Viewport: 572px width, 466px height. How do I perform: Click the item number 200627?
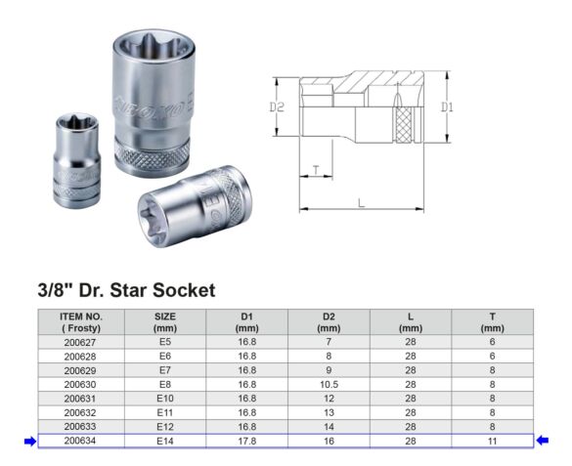coord(80,342)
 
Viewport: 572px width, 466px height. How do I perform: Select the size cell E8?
coord(165,384)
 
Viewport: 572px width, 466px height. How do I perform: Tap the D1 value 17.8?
coord(247,441)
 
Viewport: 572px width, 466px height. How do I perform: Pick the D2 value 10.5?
coord(329,384)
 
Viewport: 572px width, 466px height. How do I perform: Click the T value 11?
coord(492,441)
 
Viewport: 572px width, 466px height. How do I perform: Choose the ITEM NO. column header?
coord(81,322)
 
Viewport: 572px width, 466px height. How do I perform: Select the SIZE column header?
coord(165,322)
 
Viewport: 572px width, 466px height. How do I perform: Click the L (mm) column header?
coord(411,322)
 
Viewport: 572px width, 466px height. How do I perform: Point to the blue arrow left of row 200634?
coord(30,442)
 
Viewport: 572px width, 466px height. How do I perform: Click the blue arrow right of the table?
coord(542,441)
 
